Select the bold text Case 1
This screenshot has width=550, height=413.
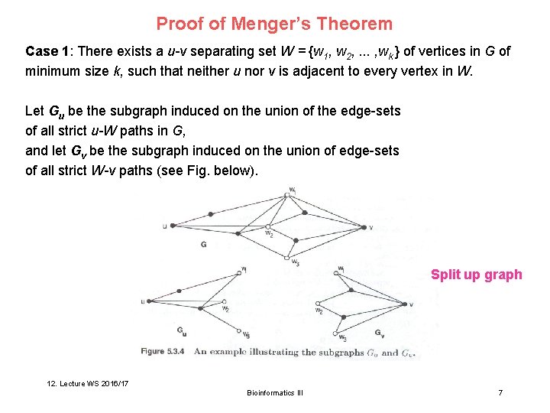click(45, 52)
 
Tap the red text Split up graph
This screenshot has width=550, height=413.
click(476, 275)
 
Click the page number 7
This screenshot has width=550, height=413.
click(500, 392)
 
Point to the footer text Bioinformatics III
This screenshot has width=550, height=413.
click(275, 392)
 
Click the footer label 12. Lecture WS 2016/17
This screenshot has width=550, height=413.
click(86, 382)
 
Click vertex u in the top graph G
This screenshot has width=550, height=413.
click(173, 226)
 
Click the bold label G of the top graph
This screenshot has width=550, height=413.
click(203, 245)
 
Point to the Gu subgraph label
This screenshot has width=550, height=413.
click(181, 331)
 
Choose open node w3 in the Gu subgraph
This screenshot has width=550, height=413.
click(239, 331)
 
